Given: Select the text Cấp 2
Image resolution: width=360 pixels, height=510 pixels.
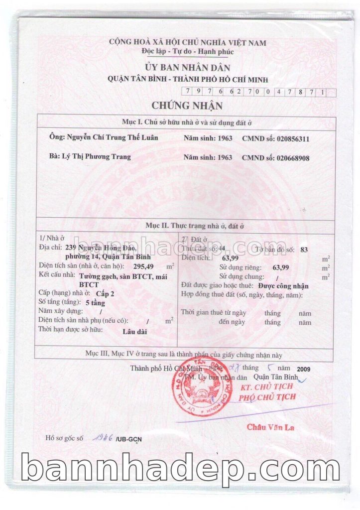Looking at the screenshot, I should coord(105,294).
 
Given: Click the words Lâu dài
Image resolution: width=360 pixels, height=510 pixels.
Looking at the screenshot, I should coord(132,330).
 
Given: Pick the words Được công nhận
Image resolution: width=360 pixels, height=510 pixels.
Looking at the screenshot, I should coord(283,286).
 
